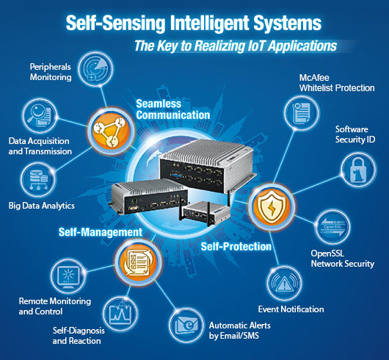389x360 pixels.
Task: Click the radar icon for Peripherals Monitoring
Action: click(95, 69)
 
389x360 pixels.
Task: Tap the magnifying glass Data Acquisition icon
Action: click(40, 115)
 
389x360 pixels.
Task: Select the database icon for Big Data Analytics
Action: click(38, 180)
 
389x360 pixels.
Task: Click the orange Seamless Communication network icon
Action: click(112, 132)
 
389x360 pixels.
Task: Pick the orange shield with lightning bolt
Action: click(272, 206)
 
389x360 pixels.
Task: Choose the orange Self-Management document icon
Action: click(138, 262)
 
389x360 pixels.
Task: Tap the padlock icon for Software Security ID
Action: click(358, 170)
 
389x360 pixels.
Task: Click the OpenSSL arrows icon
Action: click(332, 227)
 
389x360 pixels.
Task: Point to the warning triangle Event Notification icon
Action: click(284, 284)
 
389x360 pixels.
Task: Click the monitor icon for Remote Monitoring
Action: click(68, 276)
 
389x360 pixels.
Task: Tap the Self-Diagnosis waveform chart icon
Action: click(120, 313)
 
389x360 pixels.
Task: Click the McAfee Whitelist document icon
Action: click(302, 113)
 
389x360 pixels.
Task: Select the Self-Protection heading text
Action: click(236, 247)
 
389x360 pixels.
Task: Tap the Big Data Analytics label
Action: click(41, 206)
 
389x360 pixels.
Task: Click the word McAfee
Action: click(314, 78)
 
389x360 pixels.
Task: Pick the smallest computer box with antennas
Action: click(206, 212)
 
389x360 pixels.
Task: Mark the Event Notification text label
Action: click(291, 309)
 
